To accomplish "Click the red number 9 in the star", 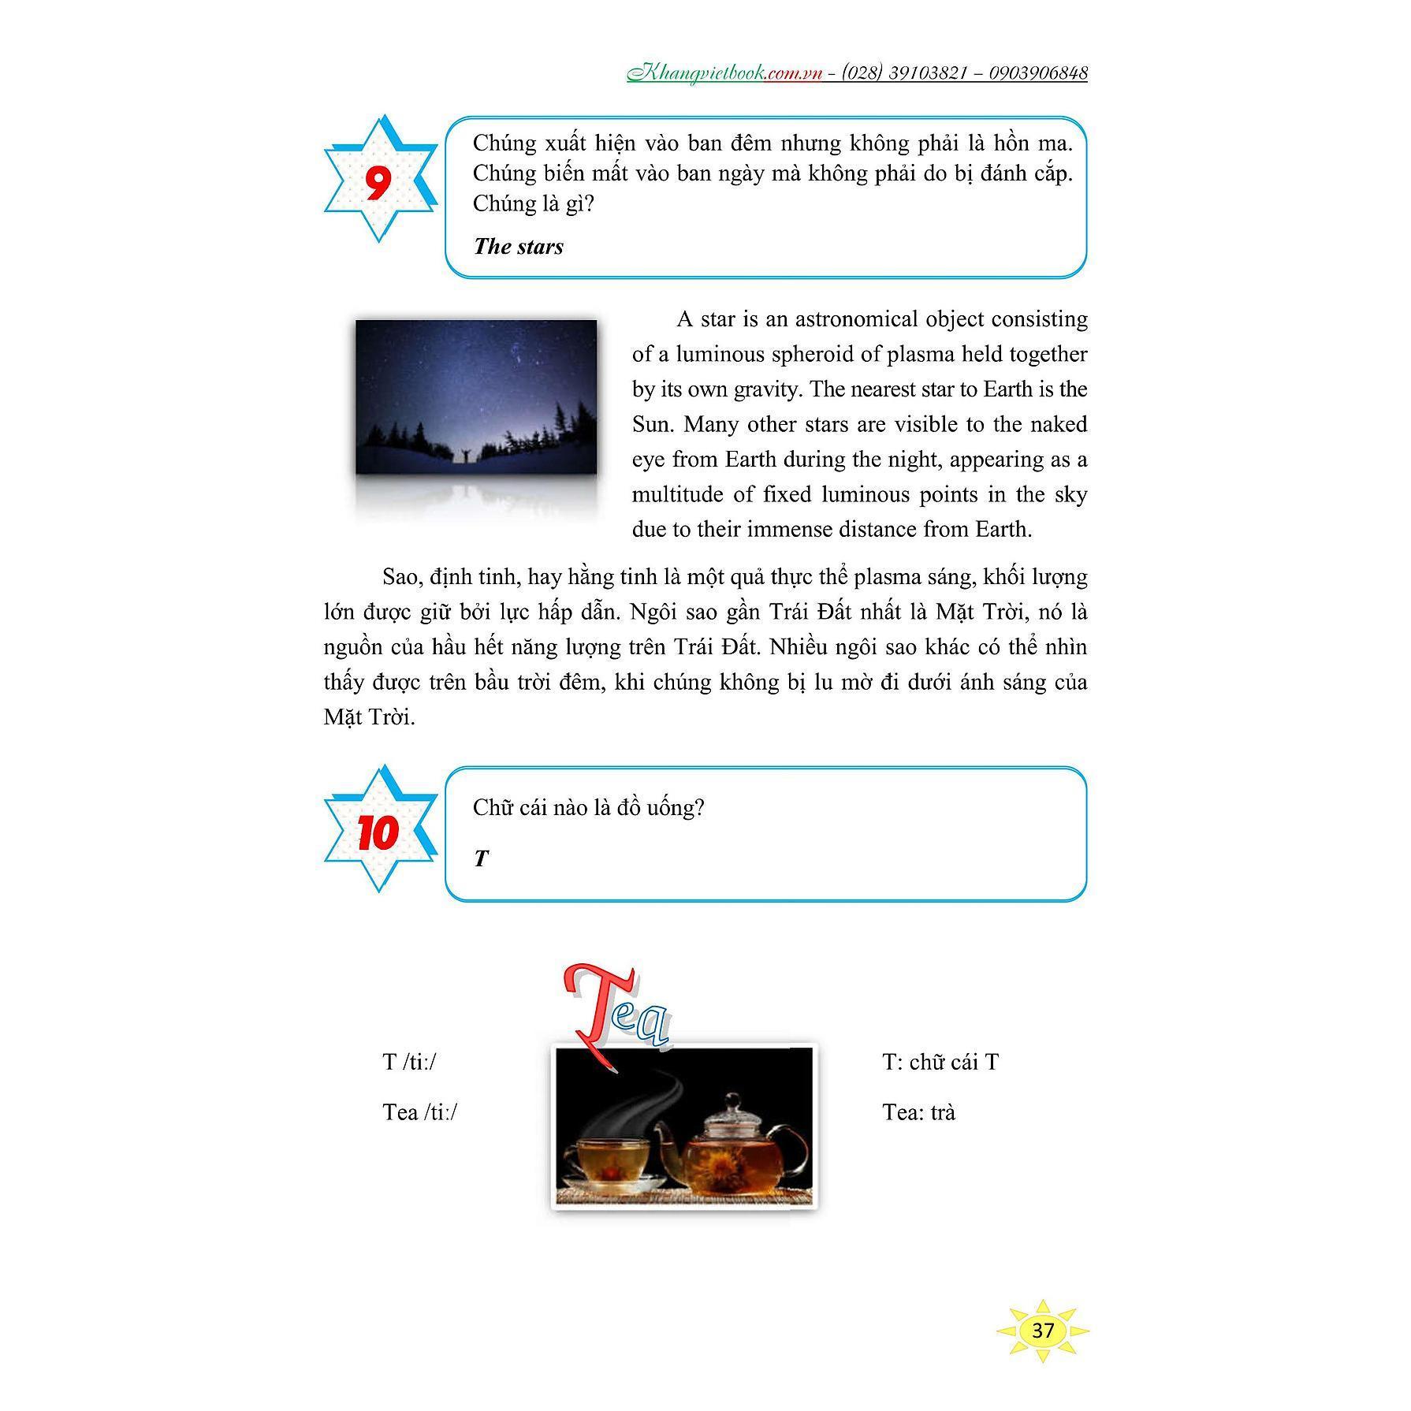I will tap(378, 183).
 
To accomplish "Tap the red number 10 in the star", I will tap(378, 832).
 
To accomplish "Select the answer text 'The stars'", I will tap(519, 247).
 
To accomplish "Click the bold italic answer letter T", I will tap(482, 859).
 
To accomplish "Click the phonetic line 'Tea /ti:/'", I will tap(419, 1112).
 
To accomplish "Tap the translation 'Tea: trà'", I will tap(918, 1112).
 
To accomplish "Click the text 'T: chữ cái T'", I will tap(940, 1063).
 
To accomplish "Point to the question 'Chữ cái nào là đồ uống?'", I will tap(588, 808).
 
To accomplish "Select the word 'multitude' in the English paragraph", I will tap(681, 495).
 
